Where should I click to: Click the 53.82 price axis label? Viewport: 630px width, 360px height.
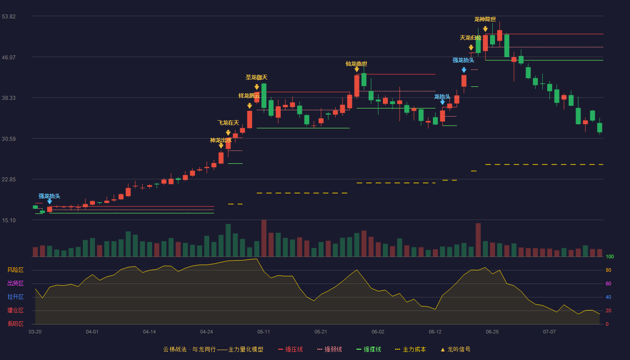9,17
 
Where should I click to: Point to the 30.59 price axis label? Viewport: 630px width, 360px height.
9,139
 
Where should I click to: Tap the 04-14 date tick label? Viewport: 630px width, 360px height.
149,332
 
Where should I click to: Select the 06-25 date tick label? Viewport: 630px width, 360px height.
492,332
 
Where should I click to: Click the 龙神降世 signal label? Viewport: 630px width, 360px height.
485,19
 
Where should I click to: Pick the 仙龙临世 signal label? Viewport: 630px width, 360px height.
356,64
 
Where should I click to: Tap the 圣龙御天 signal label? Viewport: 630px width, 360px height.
256,77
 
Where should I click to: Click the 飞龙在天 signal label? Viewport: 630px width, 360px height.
228,122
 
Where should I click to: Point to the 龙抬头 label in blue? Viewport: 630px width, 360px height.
442,97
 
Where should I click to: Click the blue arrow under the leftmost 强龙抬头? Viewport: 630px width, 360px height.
49,202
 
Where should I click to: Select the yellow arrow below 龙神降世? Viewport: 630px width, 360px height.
485,29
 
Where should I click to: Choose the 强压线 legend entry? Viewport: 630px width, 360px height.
290,349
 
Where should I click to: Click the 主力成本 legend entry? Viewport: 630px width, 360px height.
410,349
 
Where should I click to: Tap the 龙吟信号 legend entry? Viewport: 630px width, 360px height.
455,349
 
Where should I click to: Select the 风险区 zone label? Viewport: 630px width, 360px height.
15,270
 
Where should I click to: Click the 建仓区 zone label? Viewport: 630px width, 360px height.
15,310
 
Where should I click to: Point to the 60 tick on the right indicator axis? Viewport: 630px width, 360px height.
608,283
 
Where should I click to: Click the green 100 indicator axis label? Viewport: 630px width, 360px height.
610,256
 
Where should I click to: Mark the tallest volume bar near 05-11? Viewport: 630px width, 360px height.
264,238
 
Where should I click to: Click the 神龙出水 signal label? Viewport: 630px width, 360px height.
221,140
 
